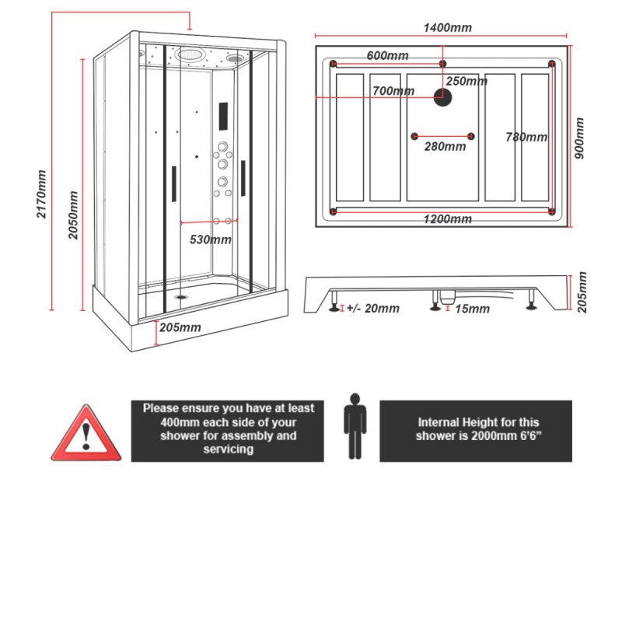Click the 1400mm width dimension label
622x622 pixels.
(x=446, y=28)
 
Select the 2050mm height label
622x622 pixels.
(x=74, y=215)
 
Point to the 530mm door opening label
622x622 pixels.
(x=211, y=239)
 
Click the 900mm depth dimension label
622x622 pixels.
(x=578, y=138)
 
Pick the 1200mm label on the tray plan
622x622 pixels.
(x=448, y=219)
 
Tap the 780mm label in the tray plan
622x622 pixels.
(x=526, y=137)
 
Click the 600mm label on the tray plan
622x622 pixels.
(x=387, y=55)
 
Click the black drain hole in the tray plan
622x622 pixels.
(x=442, y=97)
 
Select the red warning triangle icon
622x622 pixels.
(x=86, y=433)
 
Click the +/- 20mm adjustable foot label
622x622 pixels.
(x=372, y=309)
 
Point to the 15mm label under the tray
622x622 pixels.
(x=472, y=309)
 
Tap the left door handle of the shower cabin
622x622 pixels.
(x=173, y=183)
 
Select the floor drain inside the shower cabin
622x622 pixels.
(x=183, y=295)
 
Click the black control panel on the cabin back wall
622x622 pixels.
(x=223, y=117)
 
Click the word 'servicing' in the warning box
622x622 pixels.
(x=228, y=449)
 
